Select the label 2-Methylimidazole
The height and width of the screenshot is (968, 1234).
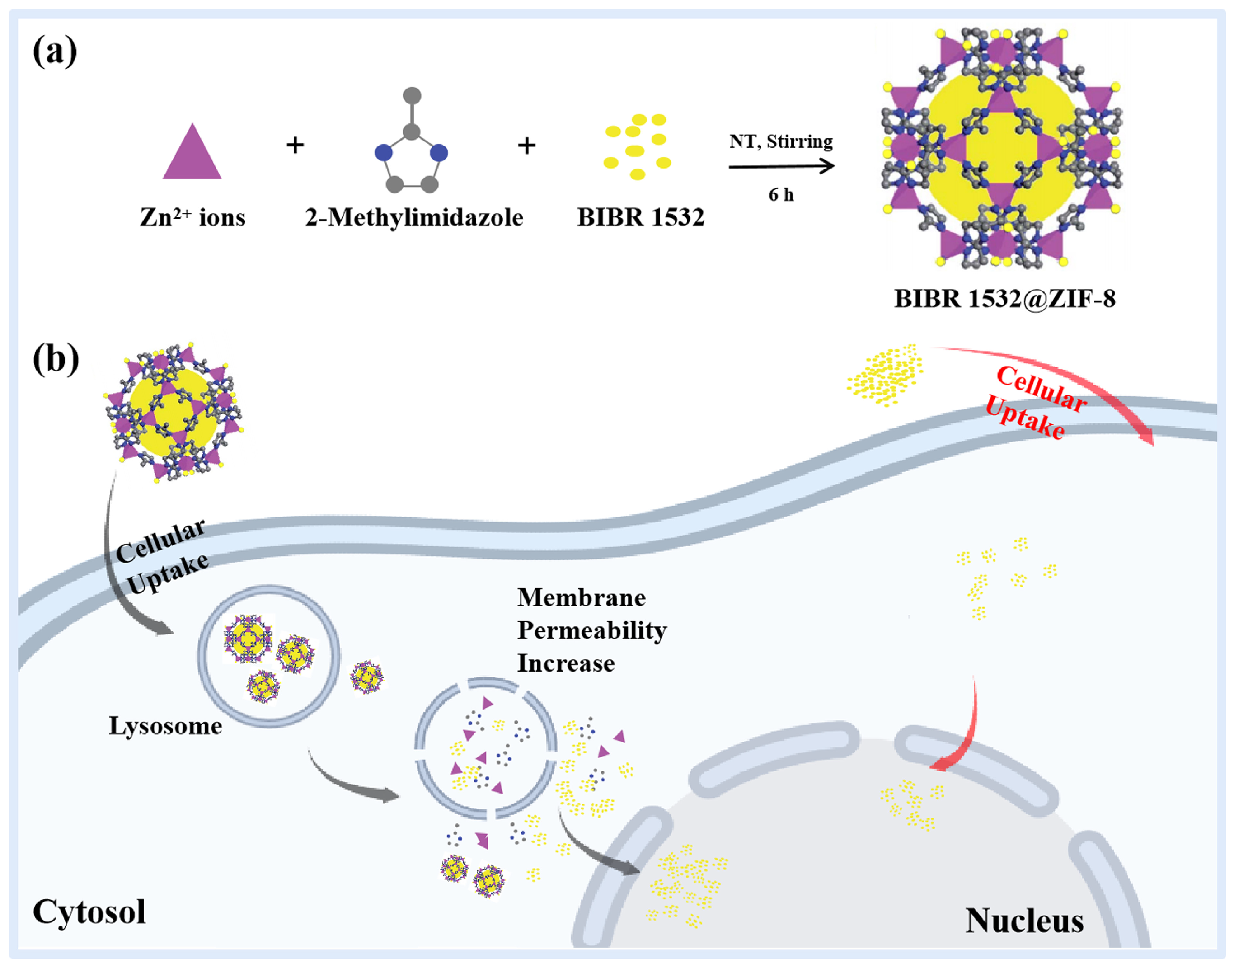click(413, 218)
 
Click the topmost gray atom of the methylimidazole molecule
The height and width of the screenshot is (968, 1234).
click(412, 95)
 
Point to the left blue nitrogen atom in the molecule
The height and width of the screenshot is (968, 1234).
click(384, 152)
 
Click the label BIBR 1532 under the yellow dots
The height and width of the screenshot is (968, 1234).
click(640, 218)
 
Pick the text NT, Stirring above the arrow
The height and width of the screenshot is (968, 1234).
click(781, 141)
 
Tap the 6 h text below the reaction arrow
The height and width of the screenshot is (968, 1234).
click(781, 195)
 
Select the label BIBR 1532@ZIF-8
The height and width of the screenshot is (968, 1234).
click(1004, 299)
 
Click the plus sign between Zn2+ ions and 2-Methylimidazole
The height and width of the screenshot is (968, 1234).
click(295, 145)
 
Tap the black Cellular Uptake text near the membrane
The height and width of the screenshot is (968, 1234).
click(161, 555)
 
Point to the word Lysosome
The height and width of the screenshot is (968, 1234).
click(165, 726)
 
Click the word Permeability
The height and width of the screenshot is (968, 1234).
click(591, 631)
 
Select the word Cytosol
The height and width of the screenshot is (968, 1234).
click(89, 912)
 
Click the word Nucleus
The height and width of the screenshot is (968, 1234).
click(1024, 921)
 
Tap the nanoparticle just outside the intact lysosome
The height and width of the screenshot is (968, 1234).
click(366, 677)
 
